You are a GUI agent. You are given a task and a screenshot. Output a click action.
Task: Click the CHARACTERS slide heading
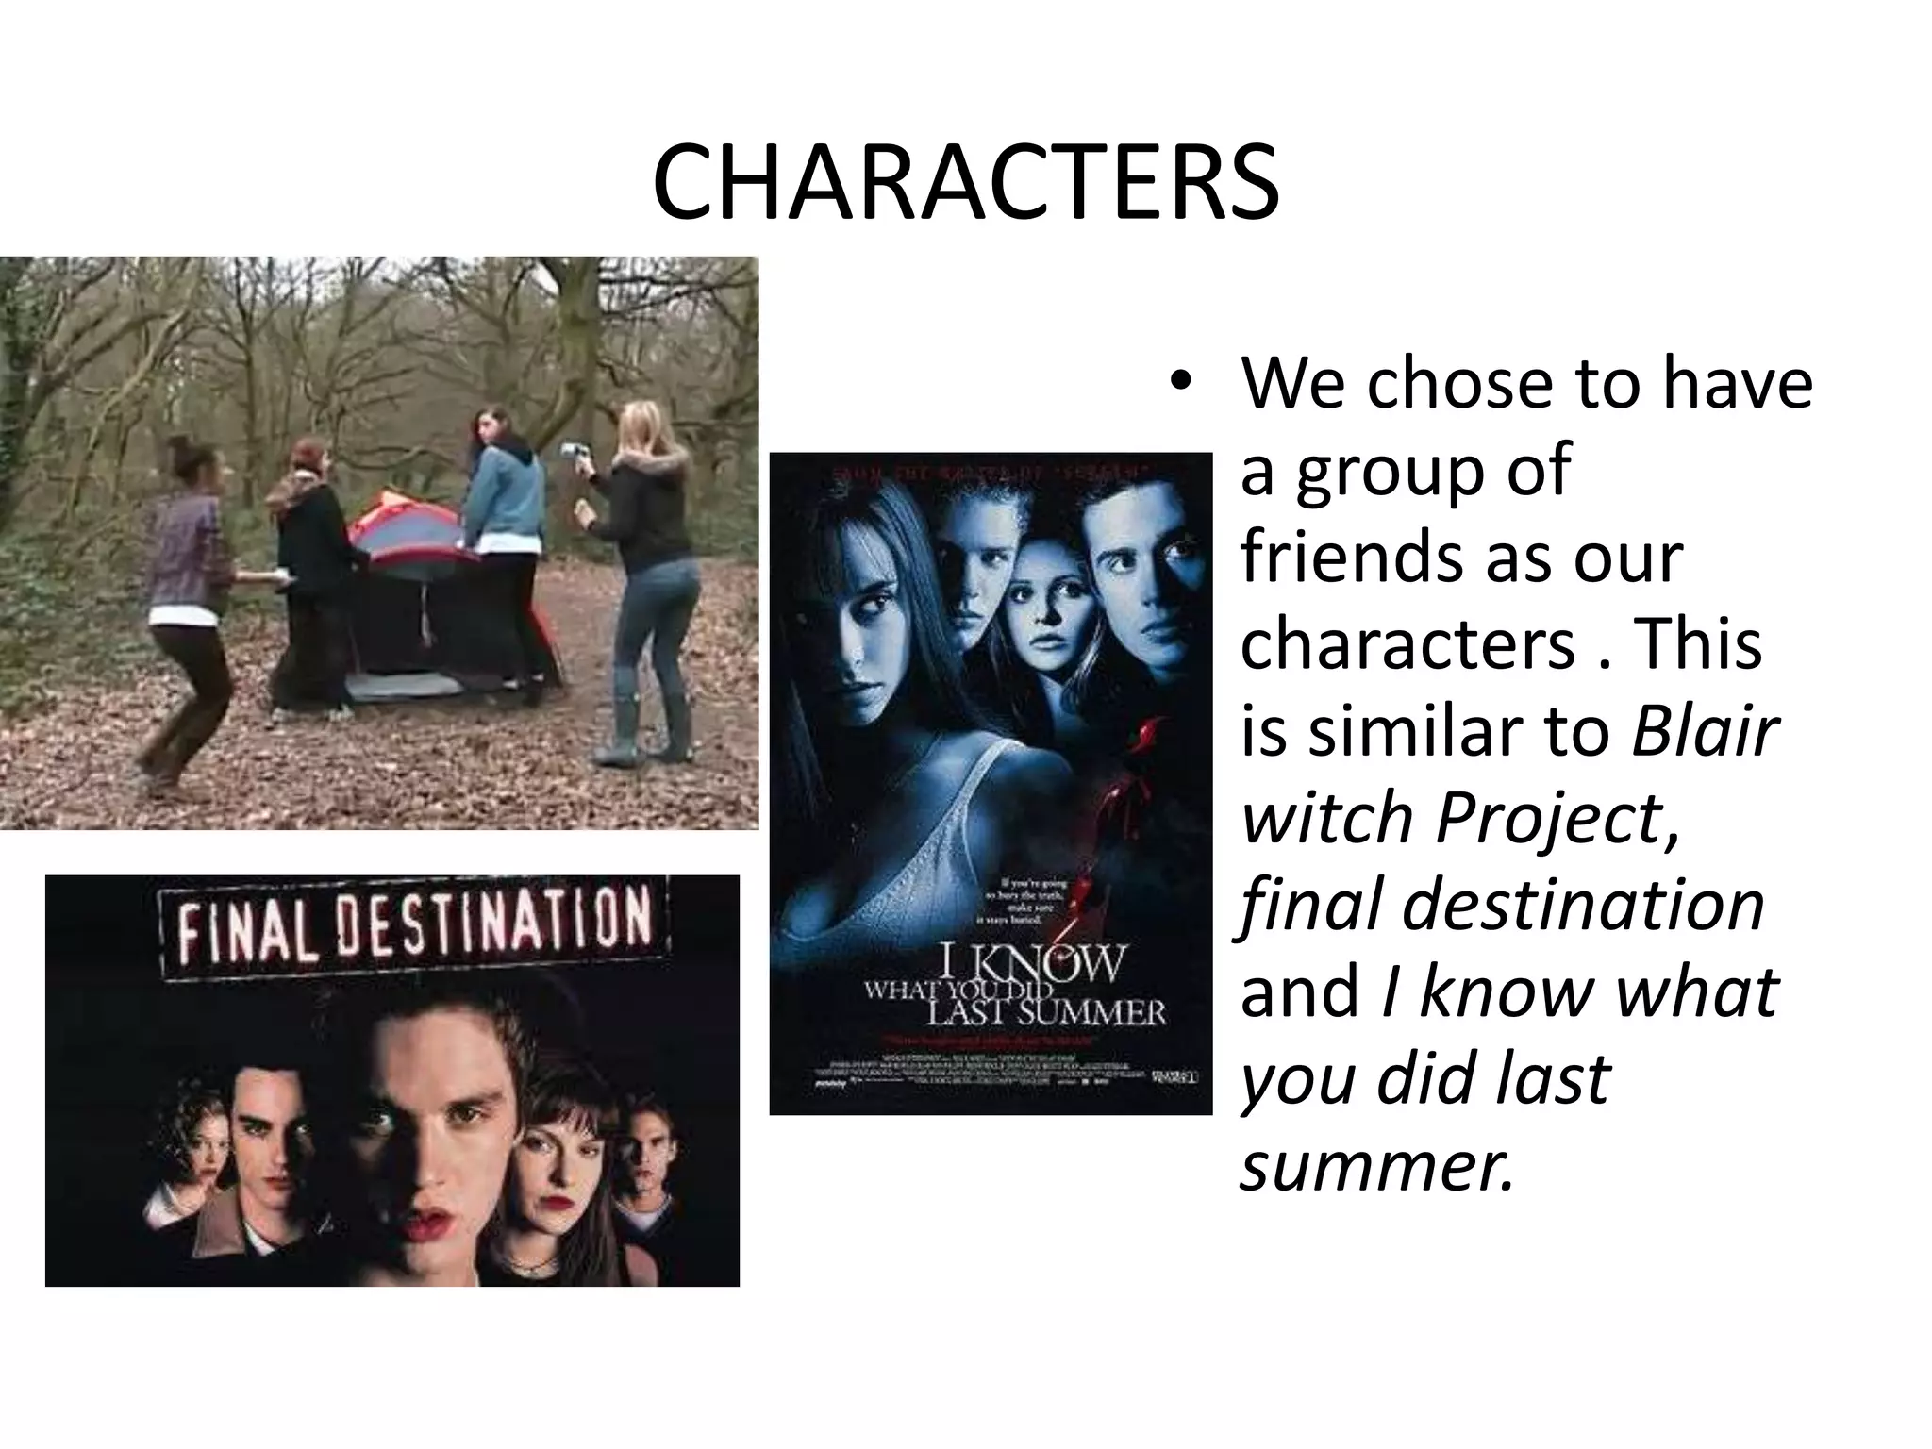pyautogui.click(x=965, y=184)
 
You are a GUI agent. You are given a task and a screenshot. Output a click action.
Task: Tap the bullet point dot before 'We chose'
pyautogui.click(x=1178, y=383)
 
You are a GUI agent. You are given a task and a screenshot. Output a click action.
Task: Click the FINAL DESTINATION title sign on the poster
pyautogui.click(x=416, y=921)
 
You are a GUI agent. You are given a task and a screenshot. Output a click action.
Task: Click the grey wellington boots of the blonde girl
pyautogui.click(x=641, y=726)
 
